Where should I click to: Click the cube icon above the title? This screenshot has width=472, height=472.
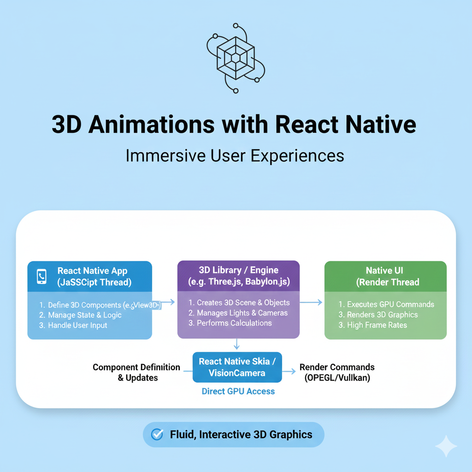click(236, 57)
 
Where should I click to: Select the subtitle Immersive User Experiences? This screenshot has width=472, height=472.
click(235, 155)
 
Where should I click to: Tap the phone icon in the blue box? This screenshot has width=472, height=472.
click(42, 276)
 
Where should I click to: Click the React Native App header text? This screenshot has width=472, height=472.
click(92, 271)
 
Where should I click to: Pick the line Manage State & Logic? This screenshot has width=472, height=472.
click(81, 315)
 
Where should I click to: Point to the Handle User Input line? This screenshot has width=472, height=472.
click(73, 325)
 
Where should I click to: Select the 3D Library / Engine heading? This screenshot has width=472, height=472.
click(238, 271)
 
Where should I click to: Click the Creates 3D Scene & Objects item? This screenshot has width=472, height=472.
click(239, 302)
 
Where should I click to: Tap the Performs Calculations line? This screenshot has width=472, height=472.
click(230, 323)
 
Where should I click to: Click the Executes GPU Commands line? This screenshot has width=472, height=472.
click(386, 304)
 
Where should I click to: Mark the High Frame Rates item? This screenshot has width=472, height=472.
click(373, 325)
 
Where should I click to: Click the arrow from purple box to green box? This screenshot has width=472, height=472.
click(312, 302)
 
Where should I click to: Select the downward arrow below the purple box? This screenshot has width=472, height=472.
click(236, 343)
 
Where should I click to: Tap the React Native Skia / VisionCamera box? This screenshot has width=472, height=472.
click(237, 367)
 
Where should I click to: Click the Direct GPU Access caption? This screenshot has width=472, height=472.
click(238, 391)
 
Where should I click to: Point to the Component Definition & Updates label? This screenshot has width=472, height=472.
click(136, 372)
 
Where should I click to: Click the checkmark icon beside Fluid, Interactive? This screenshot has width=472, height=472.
click(158, 434)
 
